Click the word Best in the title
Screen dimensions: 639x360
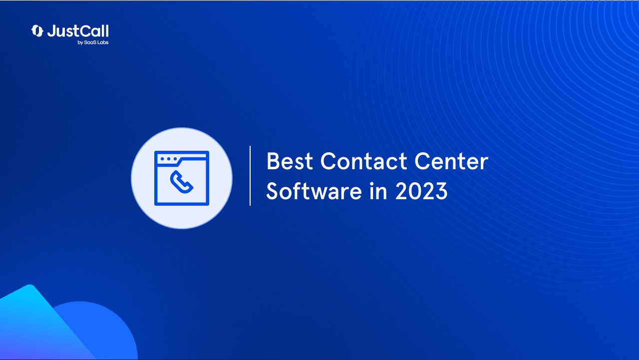coord(290,161)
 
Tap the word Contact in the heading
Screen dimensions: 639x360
coord(363,161)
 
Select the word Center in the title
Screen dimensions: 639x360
coord(451,161)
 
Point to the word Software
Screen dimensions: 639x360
coord(314,191)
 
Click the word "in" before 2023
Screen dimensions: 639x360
coord(378,191)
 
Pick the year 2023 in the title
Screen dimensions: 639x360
coord(421,191)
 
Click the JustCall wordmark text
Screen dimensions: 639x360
coord(78,31)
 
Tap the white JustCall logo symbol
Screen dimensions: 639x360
coord(37,31)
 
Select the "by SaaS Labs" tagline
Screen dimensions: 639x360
coord(93,42)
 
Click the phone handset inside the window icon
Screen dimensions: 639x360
coord(181,182)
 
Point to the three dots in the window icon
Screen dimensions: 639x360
coord(169,159)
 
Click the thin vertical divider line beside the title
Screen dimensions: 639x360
coord(250,176)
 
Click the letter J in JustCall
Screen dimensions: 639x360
coord(51,31)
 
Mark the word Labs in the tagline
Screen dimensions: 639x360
coord(103,42)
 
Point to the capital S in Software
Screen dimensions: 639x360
coord(273,191)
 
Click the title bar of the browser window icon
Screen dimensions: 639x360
coord(181,159)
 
